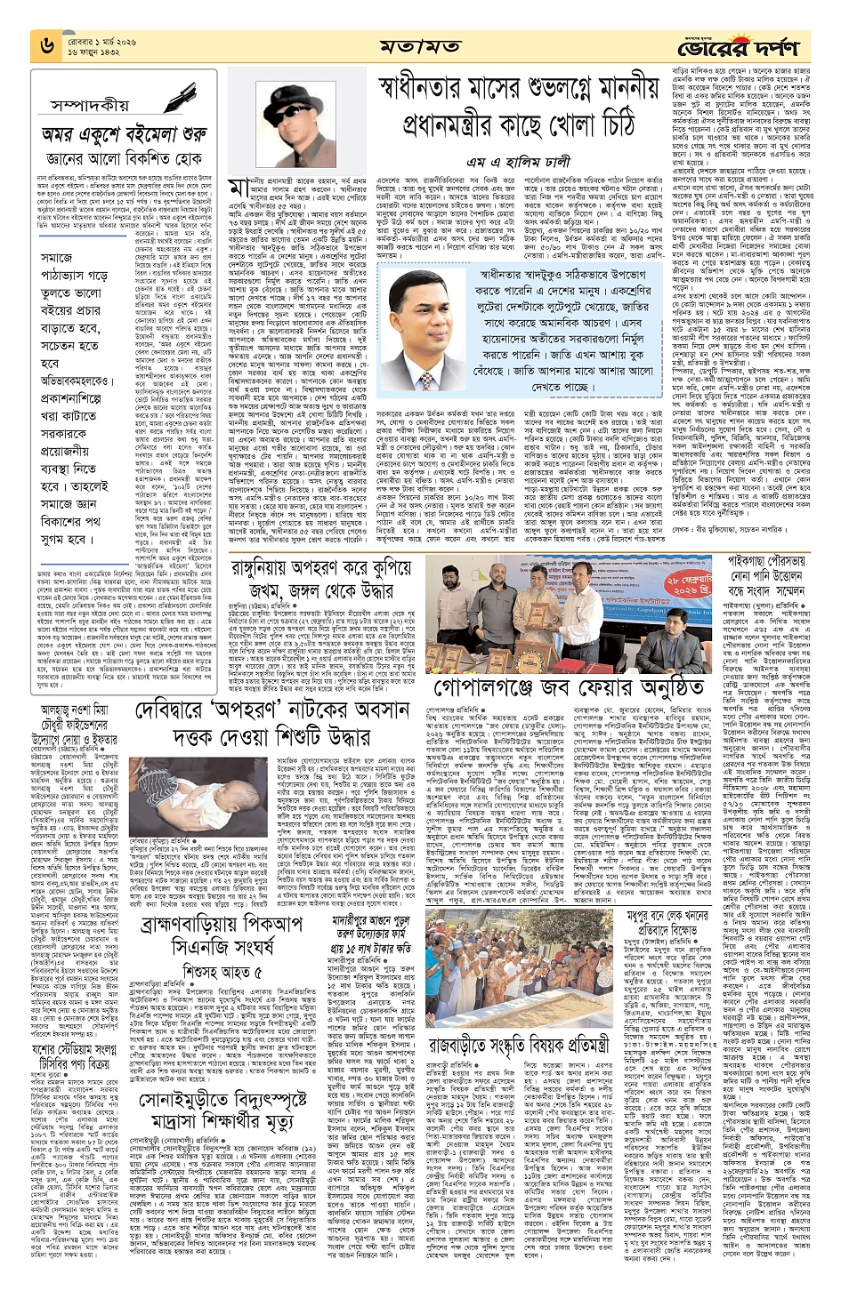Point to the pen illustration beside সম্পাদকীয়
click(x=182, y=97)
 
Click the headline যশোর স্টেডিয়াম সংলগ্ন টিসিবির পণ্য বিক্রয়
click(x=78, y=1090)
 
